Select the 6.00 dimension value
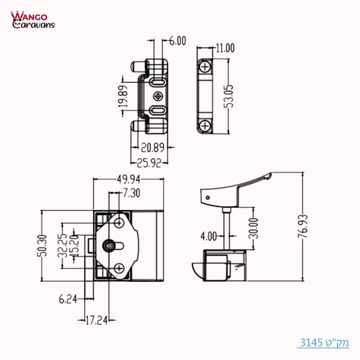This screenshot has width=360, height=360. coord(177,41)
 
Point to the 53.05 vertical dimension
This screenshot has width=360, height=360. coord(229,95)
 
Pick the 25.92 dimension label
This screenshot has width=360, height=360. coord(149,163)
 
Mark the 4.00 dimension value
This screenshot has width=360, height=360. coord(208,235)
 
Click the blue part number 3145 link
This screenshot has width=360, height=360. coord(324,342)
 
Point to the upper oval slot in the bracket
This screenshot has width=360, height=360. coord(157,82)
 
